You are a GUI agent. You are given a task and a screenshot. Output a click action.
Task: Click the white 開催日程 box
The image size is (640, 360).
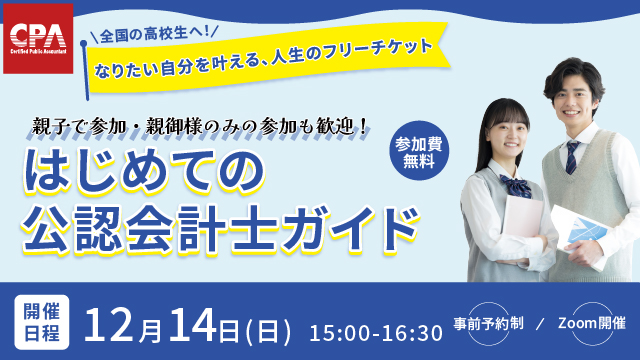(x=41, y=319)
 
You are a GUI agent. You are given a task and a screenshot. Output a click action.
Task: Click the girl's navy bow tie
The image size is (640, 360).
(x=517, y=185)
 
